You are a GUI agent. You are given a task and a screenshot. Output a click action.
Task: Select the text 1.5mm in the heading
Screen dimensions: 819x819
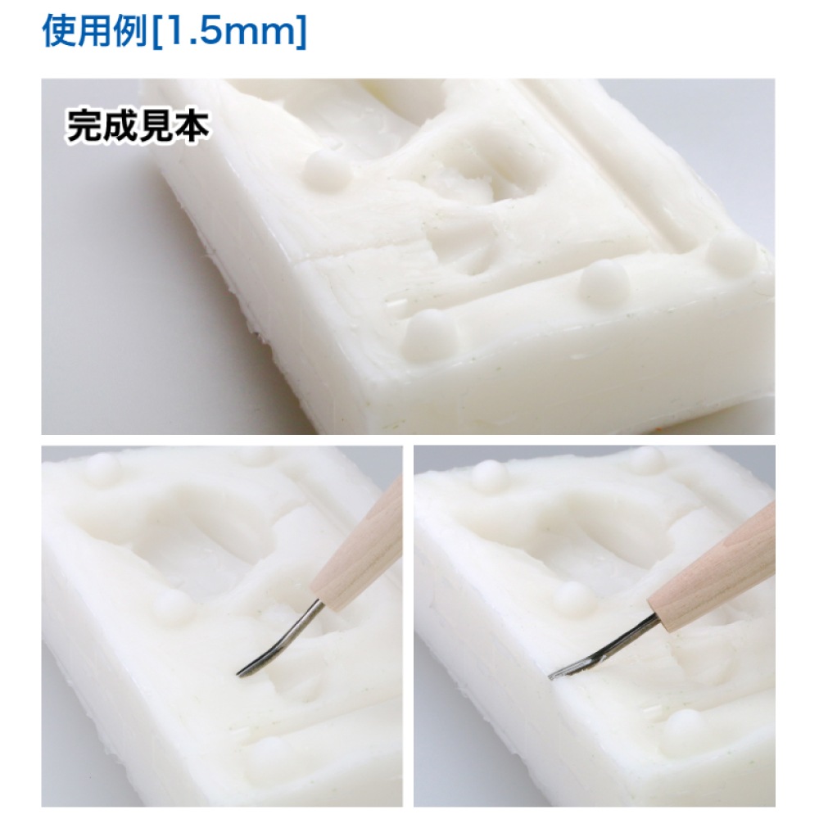point(229,31)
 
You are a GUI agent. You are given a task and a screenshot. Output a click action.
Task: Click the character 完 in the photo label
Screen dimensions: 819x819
point(84,126)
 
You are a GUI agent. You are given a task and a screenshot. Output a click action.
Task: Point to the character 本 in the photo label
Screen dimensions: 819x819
point(192,126)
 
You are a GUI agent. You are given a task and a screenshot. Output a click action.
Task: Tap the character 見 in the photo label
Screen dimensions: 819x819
point(156,126)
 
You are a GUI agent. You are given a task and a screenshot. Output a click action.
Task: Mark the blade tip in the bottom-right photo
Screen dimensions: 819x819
point(550,677)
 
